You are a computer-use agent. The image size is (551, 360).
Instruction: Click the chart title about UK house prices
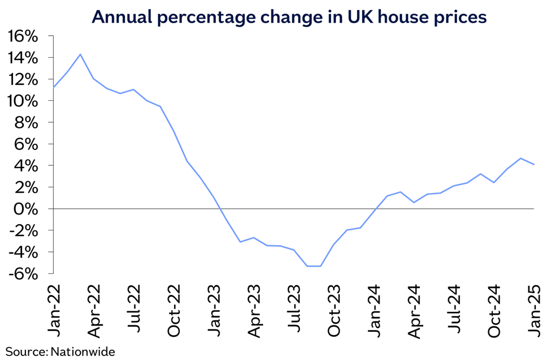[x=289, y=17]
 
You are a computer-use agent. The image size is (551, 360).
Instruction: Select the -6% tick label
[x=24, y=273]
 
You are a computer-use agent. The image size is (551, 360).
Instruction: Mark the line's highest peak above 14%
[x=80, y=54]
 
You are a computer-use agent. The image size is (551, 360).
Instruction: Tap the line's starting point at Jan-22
[x=53, y=88]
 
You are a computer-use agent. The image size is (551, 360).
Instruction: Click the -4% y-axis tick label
[x=24, y=252]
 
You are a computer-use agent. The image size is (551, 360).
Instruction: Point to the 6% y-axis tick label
[x=27, y=144]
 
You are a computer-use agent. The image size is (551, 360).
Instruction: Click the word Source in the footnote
[x=25, y=352]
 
